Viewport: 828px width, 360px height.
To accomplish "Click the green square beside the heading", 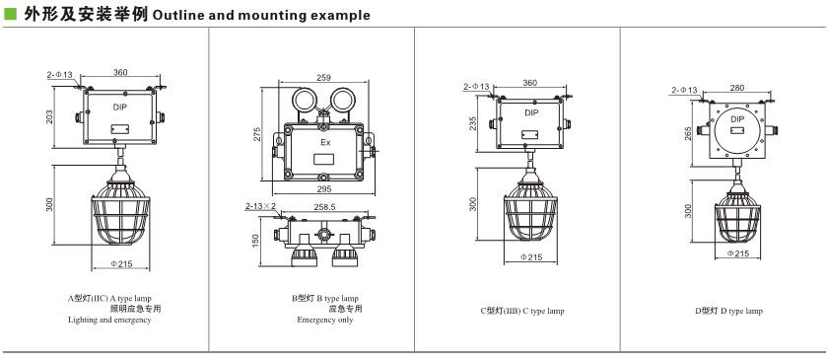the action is point(10,14).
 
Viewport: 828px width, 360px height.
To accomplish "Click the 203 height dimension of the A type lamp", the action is point(49,117).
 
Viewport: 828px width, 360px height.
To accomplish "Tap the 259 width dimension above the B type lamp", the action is point(323,77).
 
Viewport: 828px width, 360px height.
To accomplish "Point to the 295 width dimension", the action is point(323,188).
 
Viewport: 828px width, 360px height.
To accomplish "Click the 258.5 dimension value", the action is point(324,207).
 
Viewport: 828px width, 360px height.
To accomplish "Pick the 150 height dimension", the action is point(256,242).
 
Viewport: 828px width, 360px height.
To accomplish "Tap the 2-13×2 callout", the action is point(260,206).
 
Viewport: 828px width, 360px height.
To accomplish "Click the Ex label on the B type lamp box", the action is point(324,142).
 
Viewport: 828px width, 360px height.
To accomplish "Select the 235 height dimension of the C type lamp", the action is point(472,122).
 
